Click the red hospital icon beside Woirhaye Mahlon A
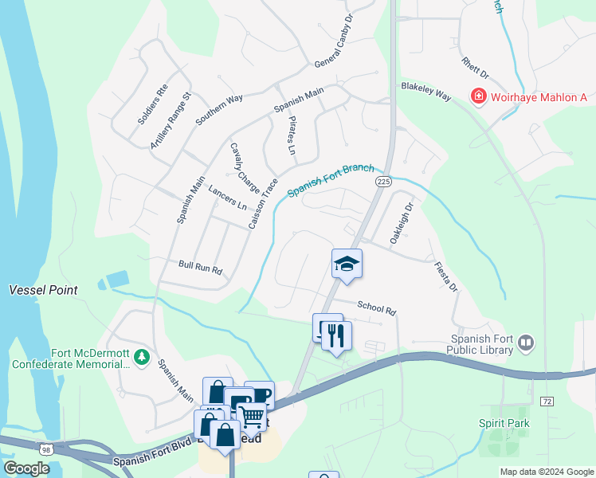(x=479, y=97)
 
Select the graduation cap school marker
(x=347, y=264)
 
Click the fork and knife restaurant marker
(x=336, y=335)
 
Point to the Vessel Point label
(x=43, y=290)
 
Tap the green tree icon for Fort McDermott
(x=141, y=356)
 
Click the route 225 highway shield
(x=383, y=182)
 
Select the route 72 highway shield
(x=546, y=402)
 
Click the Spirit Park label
(x=504, y=424)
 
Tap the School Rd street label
(x=376, y=308)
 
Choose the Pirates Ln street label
(x=291, y=135)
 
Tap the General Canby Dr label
(x=333, y=42)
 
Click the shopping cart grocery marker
(x=252, y=415)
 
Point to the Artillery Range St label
(x=171, y=121)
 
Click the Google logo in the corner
(x=26, y=468)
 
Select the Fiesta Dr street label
(x=446, y=276)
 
